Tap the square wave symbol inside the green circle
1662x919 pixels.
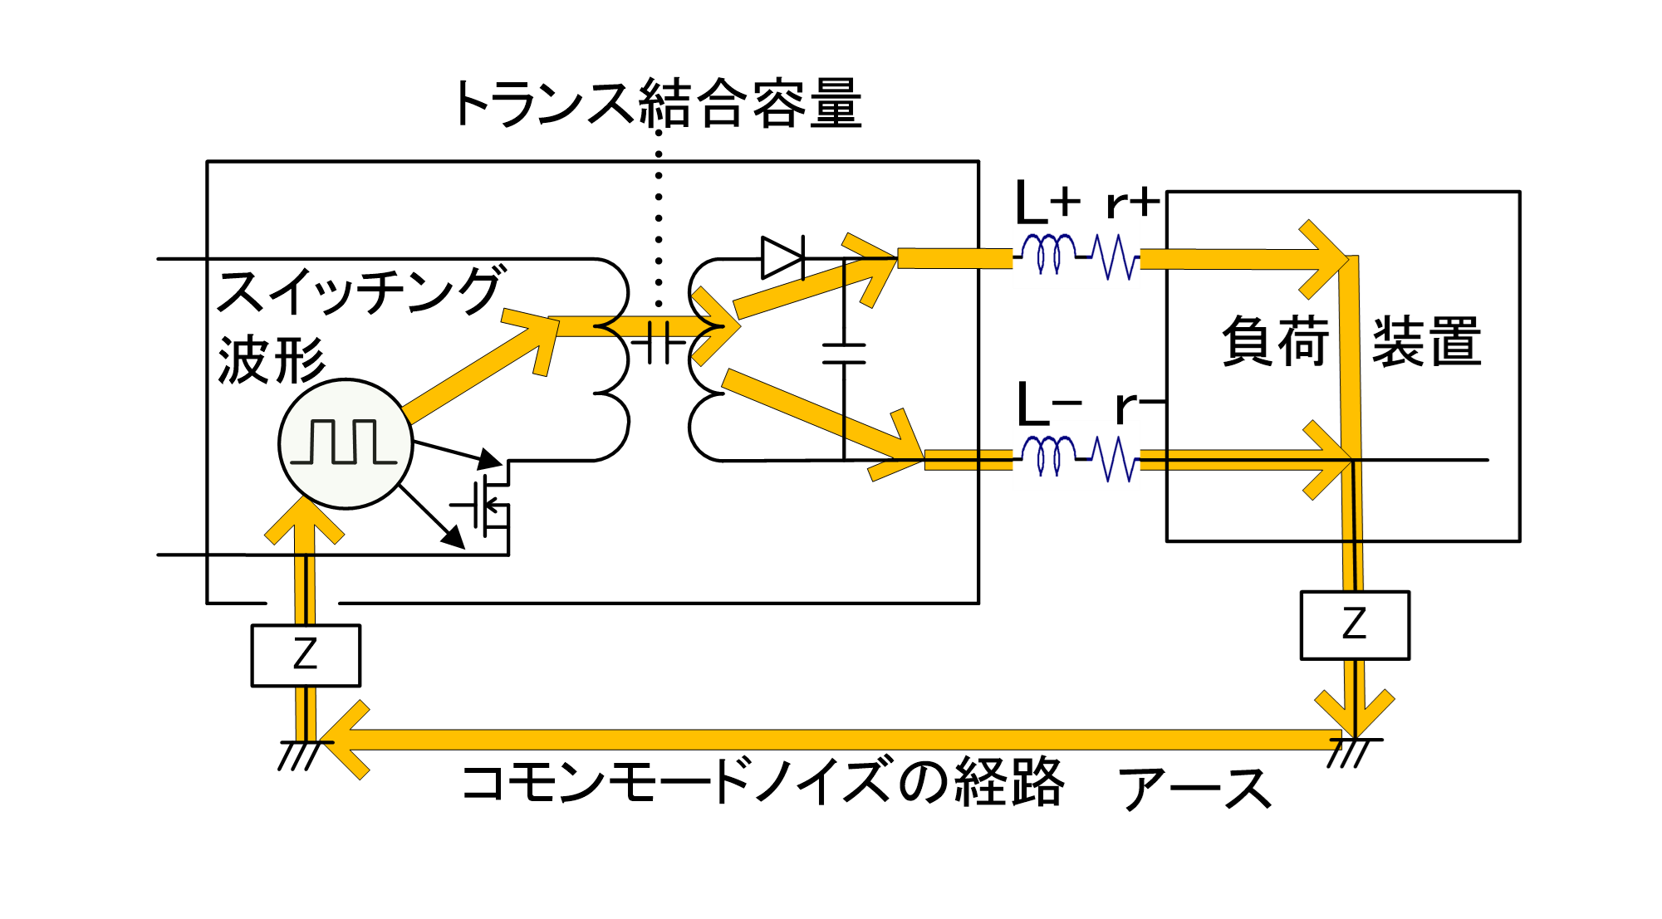point(343,442)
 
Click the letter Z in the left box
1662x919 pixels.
point(306,654)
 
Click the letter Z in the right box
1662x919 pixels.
point(1355,623)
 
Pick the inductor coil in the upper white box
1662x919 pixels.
point(1048,252)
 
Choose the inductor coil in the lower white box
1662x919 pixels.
point(1048,455)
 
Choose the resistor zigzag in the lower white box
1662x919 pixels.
point(1115,459)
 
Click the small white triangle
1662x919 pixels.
point(779,258)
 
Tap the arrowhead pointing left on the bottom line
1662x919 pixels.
point(346,740)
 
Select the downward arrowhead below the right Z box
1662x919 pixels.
point(1355,714)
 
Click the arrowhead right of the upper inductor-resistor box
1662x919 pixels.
point(1325,259)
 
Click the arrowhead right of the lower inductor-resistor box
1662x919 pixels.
point(1328,459)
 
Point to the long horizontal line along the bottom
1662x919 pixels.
point(831,740)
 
